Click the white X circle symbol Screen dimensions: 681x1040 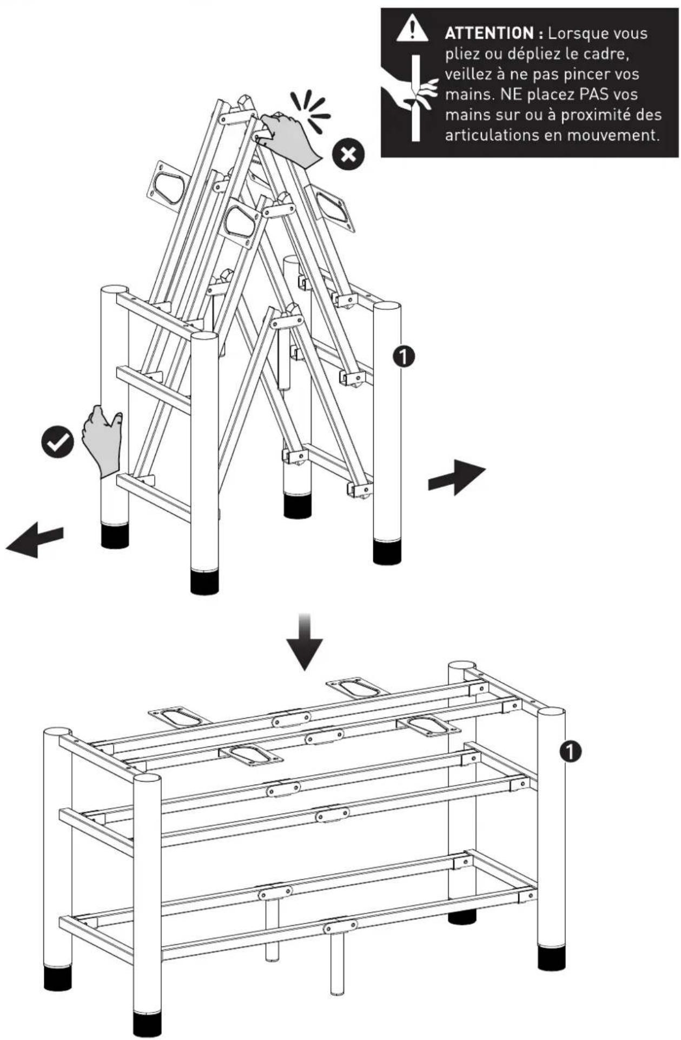(348, 155)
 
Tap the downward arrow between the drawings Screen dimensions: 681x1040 (305, 642)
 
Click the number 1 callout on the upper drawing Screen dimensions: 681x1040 (405, 356)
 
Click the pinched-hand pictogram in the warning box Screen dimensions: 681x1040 (412, 97)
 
